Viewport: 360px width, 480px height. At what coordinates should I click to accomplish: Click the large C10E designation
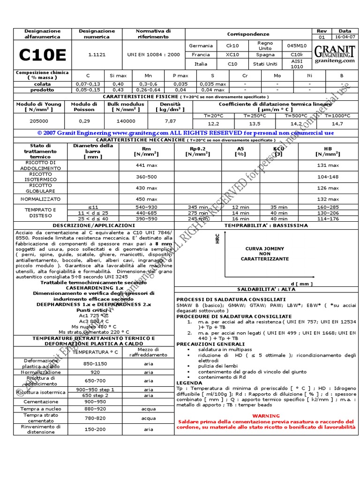(x=42, y=55)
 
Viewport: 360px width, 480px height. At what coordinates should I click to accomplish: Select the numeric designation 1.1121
(x=97, y=55)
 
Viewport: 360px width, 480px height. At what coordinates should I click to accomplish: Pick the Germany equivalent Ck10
(x=232, y=46)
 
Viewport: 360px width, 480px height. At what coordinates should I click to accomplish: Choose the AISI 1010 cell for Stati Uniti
(x=297, y=64)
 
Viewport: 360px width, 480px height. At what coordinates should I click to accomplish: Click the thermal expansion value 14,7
(x=337, y=124)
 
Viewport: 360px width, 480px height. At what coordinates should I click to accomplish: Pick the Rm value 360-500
(x=146, y=177)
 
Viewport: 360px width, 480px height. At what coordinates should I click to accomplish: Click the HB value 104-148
(x=328, y=177)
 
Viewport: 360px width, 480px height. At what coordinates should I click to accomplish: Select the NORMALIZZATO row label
(x=41, y=199)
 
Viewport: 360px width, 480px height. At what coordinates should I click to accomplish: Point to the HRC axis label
(x=217, y=240)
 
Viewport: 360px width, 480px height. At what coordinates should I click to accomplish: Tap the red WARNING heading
(x=266, y=416)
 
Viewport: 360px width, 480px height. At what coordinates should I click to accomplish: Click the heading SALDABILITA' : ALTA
(x=265, y=289)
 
